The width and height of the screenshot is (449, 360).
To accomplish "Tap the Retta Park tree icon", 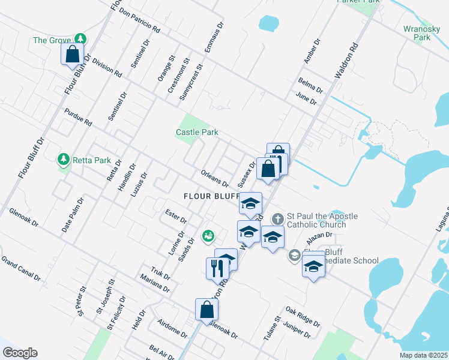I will [x=63, y=160].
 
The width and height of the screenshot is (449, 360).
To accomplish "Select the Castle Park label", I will [x=196, y=132].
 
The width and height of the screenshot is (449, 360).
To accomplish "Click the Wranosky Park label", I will [x=417, y=32].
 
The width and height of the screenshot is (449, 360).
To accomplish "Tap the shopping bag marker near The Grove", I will [x=72, y=54].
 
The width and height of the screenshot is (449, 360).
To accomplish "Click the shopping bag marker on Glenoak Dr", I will [x=206, y=310].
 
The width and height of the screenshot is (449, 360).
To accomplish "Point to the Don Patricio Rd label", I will [x=139, y=19].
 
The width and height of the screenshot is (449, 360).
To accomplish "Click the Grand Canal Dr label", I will [x=20, y=269].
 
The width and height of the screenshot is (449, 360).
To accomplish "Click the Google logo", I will [x=20, y=353].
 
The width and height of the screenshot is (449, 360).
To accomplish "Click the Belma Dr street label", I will [x=310, y=85].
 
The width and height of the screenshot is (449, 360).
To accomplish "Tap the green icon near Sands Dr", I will [x=208, y=236].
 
